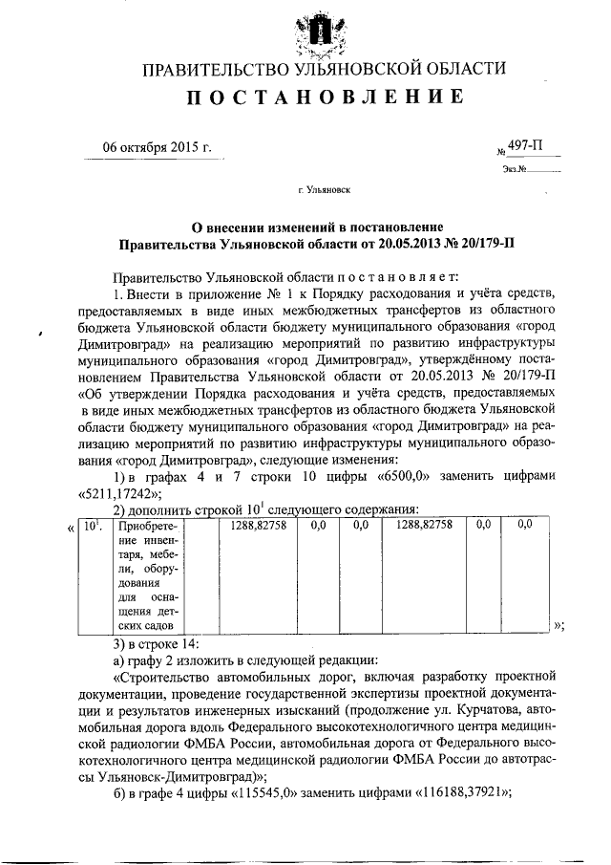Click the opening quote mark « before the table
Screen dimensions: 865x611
pos(72,527)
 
